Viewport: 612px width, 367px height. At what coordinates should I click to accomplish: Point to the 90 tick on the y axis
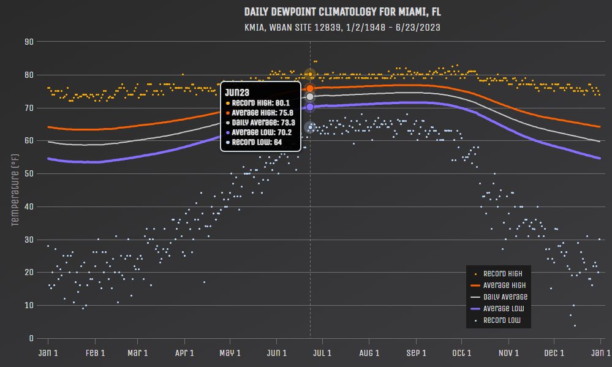click(x=29, y=42)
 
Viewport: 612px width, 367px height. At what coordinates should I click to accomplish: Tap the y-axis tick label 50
click(x=29, y=173)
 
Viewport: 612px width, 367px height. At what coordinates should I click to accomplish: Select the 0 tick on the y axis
click(x=31, y=338)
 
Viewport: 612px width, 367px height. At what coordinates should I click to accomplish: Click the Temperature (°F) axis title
click(x=15, y=190)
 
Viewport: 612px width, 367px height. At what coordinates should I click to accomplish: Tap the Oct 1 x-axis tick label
click(x=461, y=353)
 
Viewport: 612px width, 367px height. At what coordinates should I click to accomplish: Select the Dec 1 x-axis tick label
click(x=554, y=353)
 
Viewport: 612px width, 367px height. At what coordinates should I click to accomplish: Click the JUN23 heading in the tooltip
click(x=236, y=91)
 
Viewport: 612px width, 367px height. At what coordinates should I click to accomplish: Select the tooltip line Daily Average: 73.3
click(x=263, y=121)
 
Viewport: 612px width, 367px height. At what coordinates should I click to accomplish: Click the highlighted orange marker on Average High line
click(x=310, y=88)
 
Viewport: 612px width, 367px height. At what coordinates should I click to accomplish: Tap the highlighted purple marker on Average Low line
click(x=310, y=107)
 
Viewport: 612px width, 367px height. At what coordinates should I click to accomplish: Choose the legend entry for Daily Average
click(x=497, y=297)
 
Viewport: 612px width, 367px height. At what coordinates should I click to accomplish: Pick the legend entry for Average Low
click(x=497, y=308)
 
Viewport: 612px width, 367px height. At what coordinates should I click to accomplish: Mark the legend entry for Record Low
click(x=497, y=320)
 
